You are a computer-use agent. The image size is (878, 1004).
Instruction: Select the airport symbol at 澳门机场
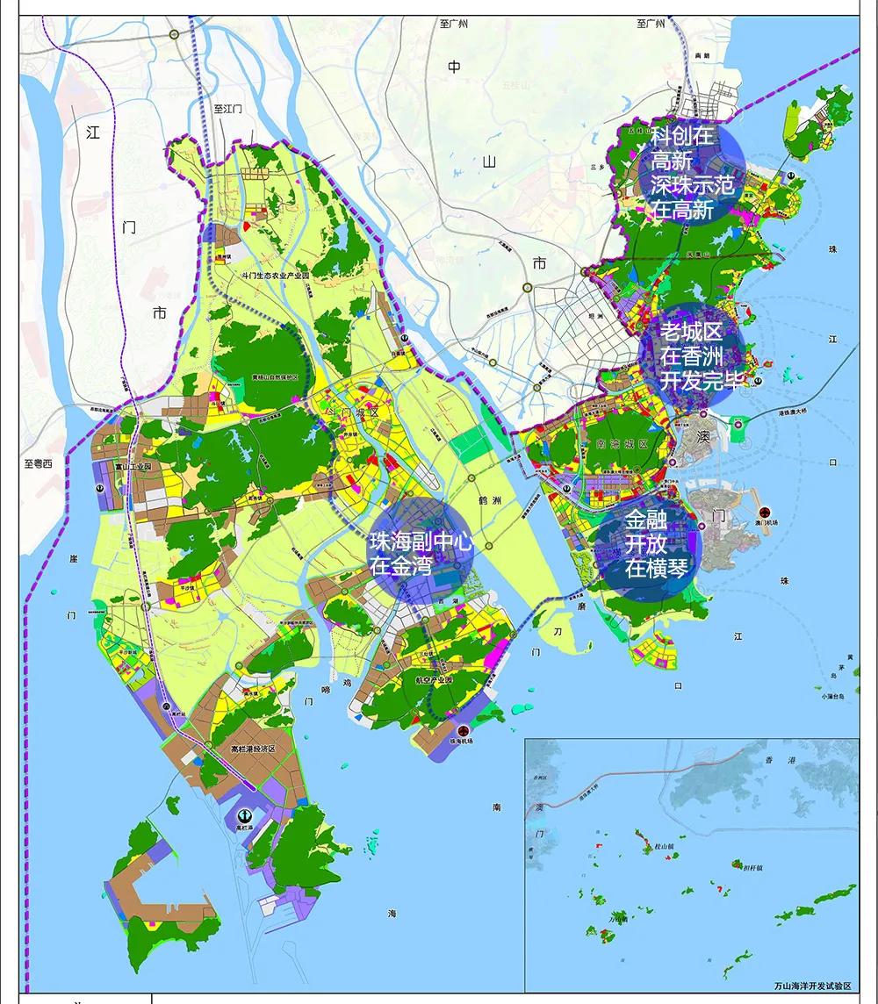pos(764,511)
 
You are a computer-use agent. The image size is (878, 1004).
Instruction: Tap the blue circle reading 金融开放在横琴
pos(649,544)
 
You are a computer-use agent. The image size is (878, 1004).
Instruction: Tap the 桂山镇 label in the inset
pos(664,847)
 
